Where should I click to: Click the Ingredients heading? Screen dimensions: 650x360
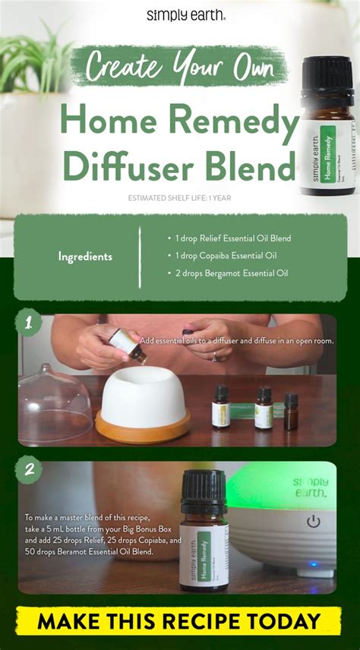tap(85, 257)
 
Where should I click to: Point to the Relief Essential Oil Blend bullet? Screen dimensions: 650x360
tap(229, 238)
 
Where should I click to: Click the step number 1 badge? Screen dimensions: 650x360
tap(28, 323)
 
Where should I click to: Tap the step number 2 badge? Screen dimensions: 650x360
tap(28, 470)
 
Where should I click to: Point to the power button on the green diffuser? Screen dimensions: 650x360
tap(312, 522)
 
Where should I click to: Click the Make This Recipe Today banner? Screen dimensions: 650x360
tap(180, 620)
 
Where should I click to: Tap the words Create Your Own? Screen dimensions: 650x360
tap(179, 66)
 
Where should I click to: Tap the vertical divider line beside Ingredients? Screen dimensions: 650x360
tap(140, 257)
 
